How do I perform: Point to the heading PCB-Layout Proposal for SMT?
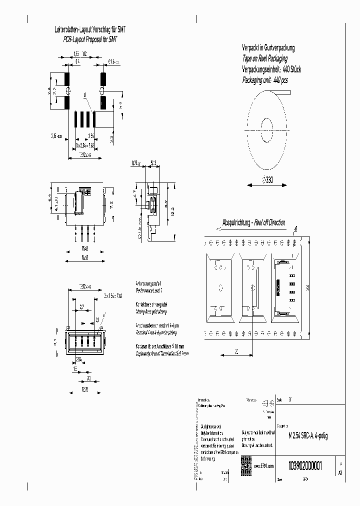click(90, 38)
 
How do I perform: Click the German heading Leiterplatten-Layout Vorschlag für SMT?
click(90, 30)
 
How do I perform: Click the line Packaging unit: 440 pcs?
click(264, 80)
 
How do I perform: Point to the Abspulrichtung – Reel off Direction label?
click(253, 222)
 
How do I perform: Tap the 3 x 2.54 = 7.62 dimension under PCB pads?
click(84, 144)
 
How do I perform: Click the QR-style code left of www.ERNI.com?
click(246, 462)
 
